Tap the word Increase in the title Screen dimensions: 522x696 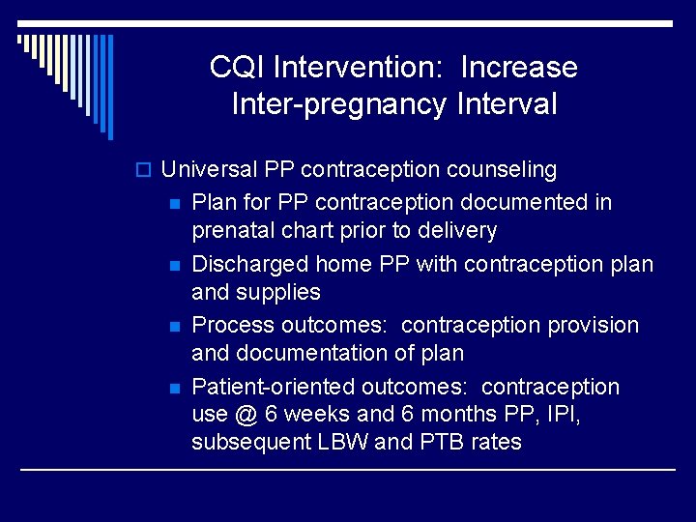click(519, 68)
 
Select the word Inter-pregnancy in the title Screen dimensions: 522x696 click(339, 103)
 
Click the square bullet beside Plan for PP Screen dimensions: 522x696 click(174, 203)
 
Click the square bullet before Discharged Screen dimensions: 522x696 click(174, 265)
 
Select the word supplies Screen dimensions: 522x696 click(285, 292)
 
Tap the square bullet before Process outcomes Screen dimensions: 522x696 click(174, 326)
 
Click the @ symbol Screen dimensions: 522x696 click(246, 415)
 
